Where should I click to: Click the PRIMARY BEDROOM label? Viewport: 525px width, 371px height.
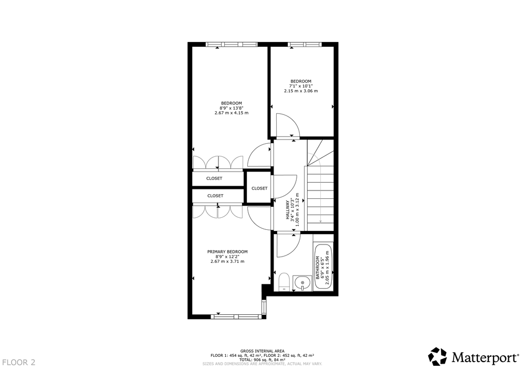pos(227,252)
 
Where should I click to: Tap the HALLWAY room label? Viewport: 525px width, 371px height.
pos(287,210)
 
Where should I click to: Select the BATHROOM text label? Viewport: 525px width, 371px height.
pos(318,268)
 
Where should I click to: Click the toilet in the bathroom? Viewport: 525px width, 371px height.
pos(284,282)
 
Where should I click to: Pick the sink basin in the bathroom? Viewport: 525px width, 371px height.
pos(302,283)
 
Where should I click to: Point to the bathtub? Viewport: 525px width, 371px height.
pos(323,267)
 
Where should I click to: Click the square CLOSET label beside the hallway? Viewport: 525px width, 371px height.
pos(259,188)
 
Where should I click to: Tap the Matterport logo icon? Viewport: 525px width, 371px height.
pos(438,356)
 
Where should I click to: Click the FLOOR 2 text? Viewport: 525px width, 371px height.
pos(18,362)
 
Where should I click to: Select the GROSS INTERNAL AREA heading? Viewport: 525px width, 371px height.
pos(262,351)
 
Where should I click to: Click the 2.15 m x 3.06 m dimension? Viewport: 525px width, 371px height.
pos(301,91)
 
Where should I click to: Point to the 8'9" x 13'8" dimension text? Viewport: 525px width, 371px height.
pos(232,108)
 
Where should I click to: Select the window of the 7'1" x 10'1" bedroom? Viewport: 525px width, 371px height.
pos(304,44)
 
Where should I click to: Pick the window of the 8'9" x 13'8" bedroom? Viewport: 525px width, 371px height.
pos(232,44)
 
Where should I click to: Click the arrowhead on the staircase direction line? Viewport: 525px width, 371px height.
pos(321,221)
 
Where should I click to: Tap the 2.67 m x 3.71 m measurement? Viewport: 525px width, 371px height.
pos(227,261)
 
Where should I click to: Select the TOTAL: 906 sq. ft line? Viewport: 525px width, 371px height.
pos(262,360)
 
